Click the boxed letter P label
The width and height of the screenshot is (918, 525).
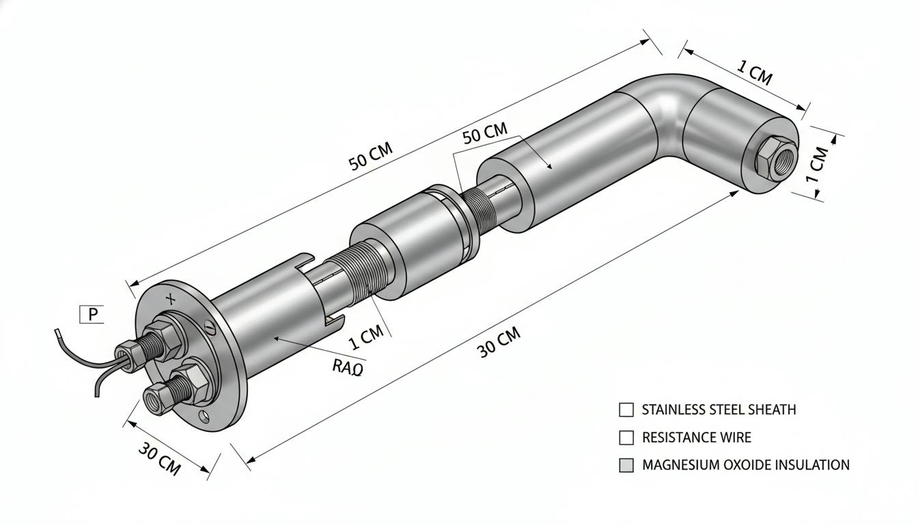click(91, 314)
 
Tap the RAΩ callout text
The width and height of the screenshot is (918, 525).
click(348, 367)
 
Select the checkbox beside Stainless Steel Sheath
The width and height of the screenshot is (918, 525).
click(626, 409)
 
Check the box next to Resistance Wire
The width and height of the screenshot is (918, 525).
click(626, 437)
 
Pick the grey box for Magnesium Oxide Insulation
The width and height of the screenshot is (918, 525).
click(626, 466)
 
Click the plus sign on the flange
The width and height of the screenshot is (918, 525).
click(171, 299)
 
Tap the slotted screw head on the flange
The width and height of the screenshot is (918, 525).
click(210, 327)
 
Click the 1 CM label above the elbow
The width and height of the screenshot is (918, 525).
click(755, 72)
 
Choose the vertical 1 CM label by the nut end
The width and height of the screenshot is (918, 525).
click(816, 165)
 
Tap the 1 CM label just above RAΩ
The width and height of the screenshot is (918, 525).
click(365, 337)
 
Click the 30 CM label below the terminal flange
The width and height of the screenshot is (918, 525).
click(159, 459)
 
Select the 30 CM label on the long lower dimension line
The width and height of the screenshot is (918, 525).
click(499, 342)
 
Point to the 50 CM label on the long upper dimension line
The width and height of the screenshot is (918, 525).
click(370, 156)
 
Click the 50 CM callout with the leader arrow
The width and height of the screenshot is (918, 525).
click(485, 133)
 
